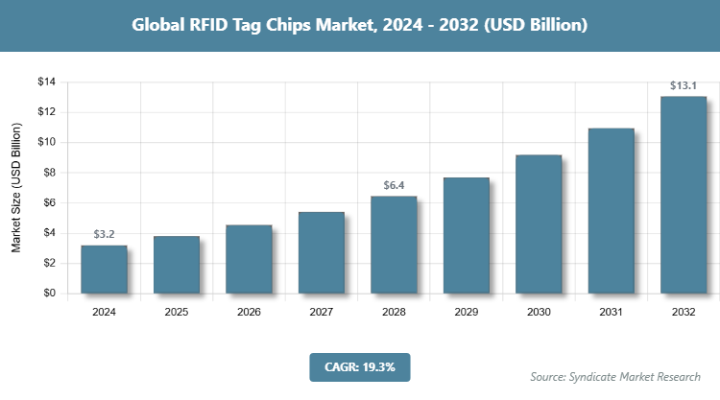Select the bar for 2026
[x=249, y=259]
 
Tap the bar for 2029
[x=466, y=235]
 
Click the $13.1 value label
[x=684, y=86]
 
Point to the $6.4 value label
[x=394, y=186]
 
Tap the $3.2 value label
[x=104, y=234]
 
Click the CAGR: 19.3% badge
[x=360, y=366]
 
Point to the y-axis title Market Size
[x=16, y=188]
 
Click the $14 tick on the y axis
[x=47, y=82]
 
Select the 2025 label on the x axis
[x=177, y=312]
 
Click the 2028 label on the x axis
[x=394, y=312]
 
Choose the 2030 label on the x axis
[x=539, y=312]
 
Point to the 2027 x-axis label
[x=322, y=312]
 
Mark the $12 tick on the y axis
[x=47, y=112]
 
